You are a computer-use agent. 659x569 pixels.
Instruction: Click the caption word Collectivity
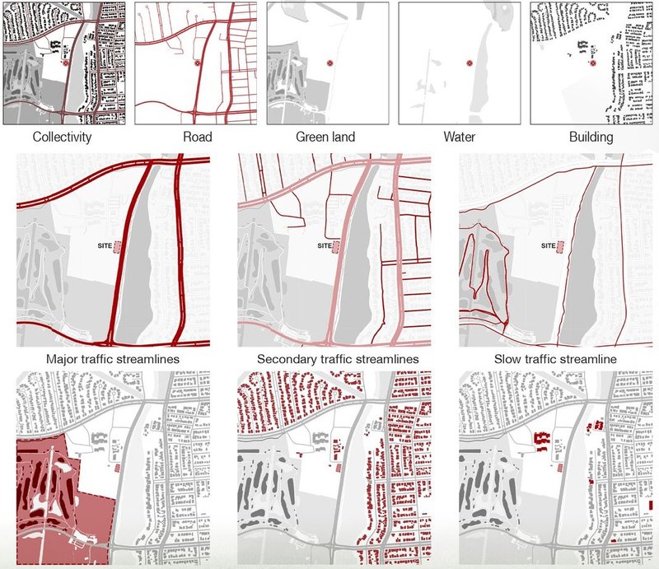pyautogui.click(x=62, y=138)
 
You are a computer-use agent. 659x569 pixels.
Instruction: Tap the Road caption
pyautogui.click(x=197, y=138)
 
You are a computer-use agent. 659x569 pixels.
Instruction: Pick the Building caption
pyautogui.click(x=591, y=138)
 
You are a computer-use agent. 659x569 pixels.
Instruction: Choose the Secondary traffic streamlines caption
pyautogui.click(x=334, y=360)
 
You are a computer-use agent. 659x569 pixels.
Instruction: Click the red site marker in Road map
pyautogui.click(x=198, y=63)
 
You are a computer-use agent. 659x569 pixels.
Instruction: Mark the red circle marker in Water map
pyautogui.click(x=469, y=63)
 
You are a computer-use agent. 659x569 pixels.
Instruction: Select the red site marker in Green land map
pyautogui.click(x=329, y=63)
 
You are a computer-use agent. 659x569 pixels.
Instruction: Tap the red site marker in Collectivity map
pyautogui.click(x=66, y=63)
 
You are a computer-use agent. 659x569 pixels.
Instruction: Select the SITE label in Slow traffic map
pyautogui.click(x=548, y=245)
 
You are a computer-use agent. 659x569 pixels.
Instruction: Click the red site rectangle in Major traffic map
pyautogui.click(x=116, y=246)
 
